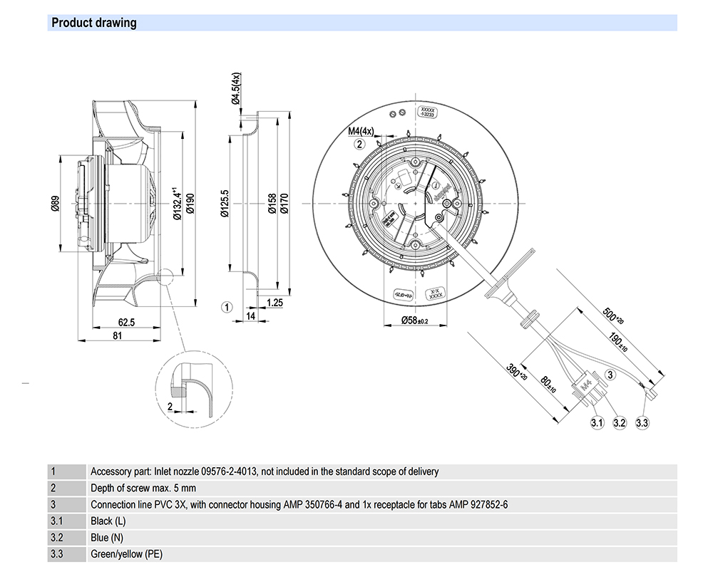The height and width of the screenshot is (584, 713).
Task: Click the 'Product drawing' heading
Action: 93,23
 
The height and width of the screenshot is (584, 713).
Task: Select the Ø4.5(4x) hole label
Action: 235,90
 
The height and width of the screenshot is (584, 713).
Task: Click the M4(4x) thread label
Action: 361,131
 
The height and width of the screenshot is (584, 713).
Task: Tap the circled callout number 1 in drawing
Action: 226,308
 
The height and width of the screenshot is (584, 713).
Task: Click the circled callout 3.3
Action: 642,423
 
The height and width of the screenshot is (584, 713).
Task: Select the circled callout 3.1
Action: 597,423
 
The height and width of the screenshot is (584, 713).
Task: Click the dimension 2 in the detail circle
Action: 170,406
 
